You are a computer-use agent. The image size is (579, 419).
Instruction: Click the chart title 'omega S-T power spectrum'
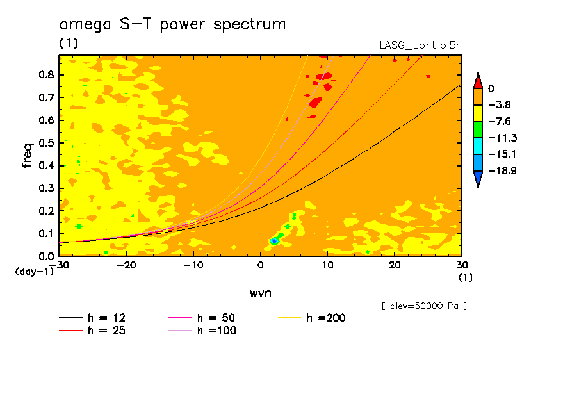click(172, 24)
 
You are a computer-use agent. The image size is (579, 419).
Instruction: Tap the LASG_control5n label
click(420, 45)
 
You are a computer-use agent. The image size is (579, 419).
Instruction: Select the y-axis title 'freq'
click(27, 155)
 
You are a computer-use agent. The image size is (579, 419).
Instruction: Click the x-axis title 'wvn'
click(259, 293)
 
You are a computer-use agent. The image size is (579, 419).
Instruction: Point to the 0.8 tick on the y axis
click(45, 75)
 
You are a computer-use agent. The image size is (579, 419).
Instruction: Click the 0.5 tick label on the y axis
click(45, 143)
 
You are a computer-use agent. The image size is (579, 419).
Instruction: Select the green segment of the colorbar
click(477, 129)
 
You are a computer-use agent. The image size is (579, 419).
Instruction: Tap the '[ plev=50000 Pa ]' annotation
click(423, 306)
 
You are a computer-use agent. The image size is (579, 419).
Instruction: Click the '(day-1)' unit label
click(35, 272)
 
